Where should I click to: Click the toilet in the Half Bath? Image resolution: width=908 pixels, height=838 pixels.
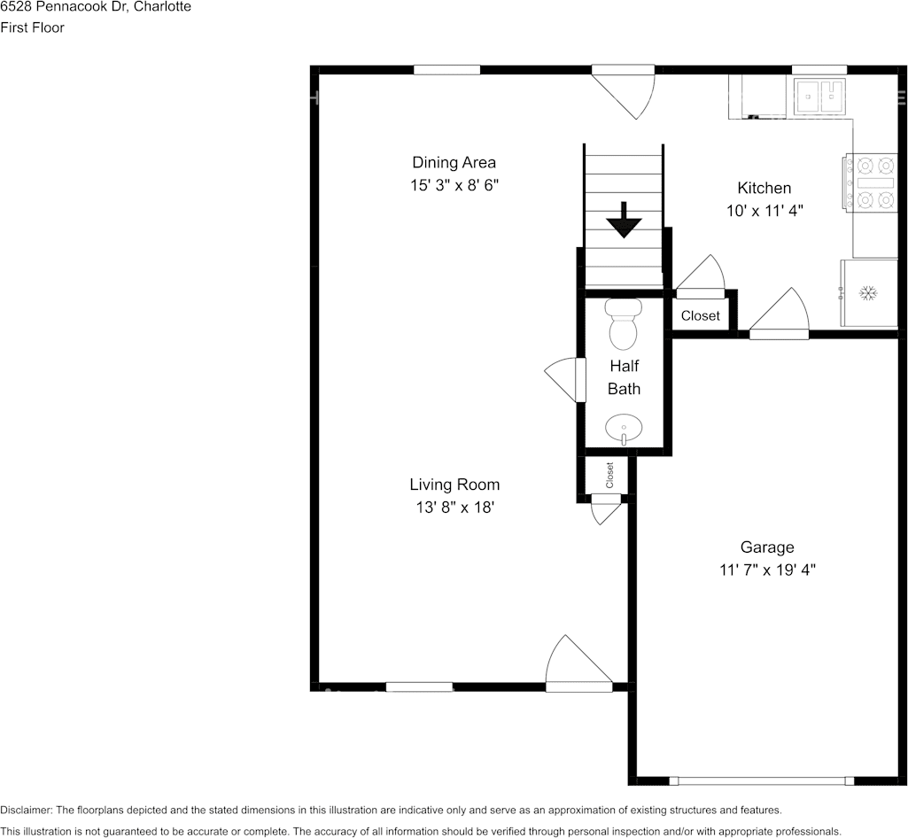[x=623, y=324]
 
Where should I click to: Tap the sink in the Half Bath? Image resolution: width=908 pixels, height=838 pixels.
[x=623, y=429]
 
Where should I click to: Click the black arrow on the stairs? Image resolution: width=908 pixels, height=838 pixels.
[x=624, y=220]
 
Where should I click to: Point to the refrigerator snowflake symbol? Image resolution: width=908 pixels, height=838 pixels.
[x=867, y=293]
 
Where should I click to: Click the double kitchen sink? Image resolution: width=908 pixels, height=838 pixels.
[x=819, y=96]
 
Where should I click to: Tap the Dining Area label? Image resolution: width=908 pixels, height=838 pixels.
[x=454, y=162]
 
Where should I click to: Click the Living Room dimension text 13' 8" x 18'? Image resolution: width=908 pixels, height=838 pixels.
[x=454, y=508]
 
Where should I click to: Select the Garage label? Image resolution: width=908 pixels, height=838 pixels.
[x=767, y=547]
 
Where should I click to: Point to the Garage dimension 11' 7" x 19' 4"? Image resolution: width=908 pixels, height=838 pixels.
[x=767, y=570]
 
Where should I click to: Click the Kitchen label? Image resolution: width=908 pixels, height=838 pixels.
[x=764, y=188]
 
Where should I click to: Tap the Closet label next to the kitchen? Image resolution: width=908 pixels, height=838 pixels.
[x=700, y=315]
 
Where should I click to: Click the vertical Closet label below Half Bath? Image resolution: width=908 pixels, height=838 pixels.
[x=609, y=475]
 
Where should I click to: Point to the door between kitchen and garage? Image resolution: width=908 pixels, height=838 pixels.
[x=779, y=313]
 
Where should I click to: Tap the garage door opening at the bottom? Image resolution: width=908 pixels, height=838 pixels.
[x=762, y=780]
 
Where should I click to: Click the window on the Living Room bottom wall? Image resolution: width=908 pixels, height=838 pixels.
[x=419, y=687]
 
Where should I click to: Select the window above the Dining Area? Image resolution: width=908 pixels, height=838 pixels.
[x=447, y=69]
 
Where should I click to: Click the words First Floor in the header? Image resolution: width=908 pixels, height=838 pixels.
[x=33, y=27]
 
